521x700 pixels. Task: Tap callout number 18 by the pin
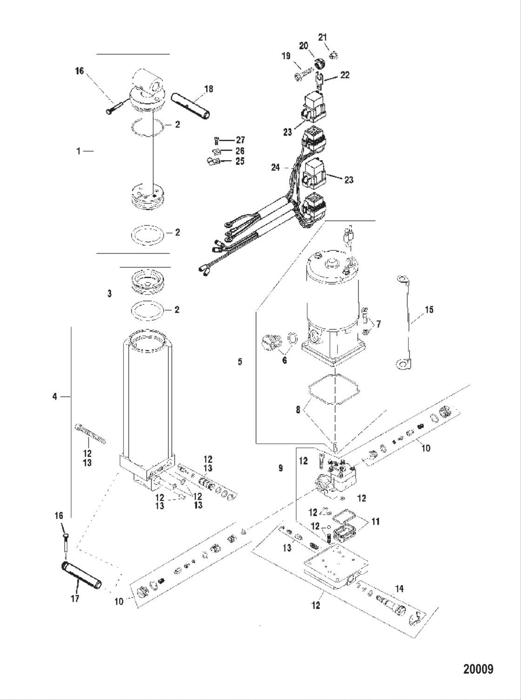[x=209, y=89]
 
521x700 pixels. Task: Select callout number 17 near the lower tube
[x=75, y=598]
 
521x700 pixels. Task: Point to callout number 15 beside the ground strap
[x=429, y=309]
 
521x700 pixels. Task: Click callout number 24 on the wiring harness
[x=276, y=167]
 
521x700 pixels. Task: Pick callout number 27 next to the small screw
[x=240, y=140]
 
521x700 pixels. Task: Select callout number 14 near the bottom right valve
[x=399, y=589]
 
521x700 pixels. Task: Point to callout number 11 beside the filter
[x=375, y=522]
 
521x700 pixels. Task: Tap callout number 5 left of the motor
[x=240, y=361]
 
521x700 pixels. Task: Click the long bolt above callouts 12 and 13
[x=90, y=433]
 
